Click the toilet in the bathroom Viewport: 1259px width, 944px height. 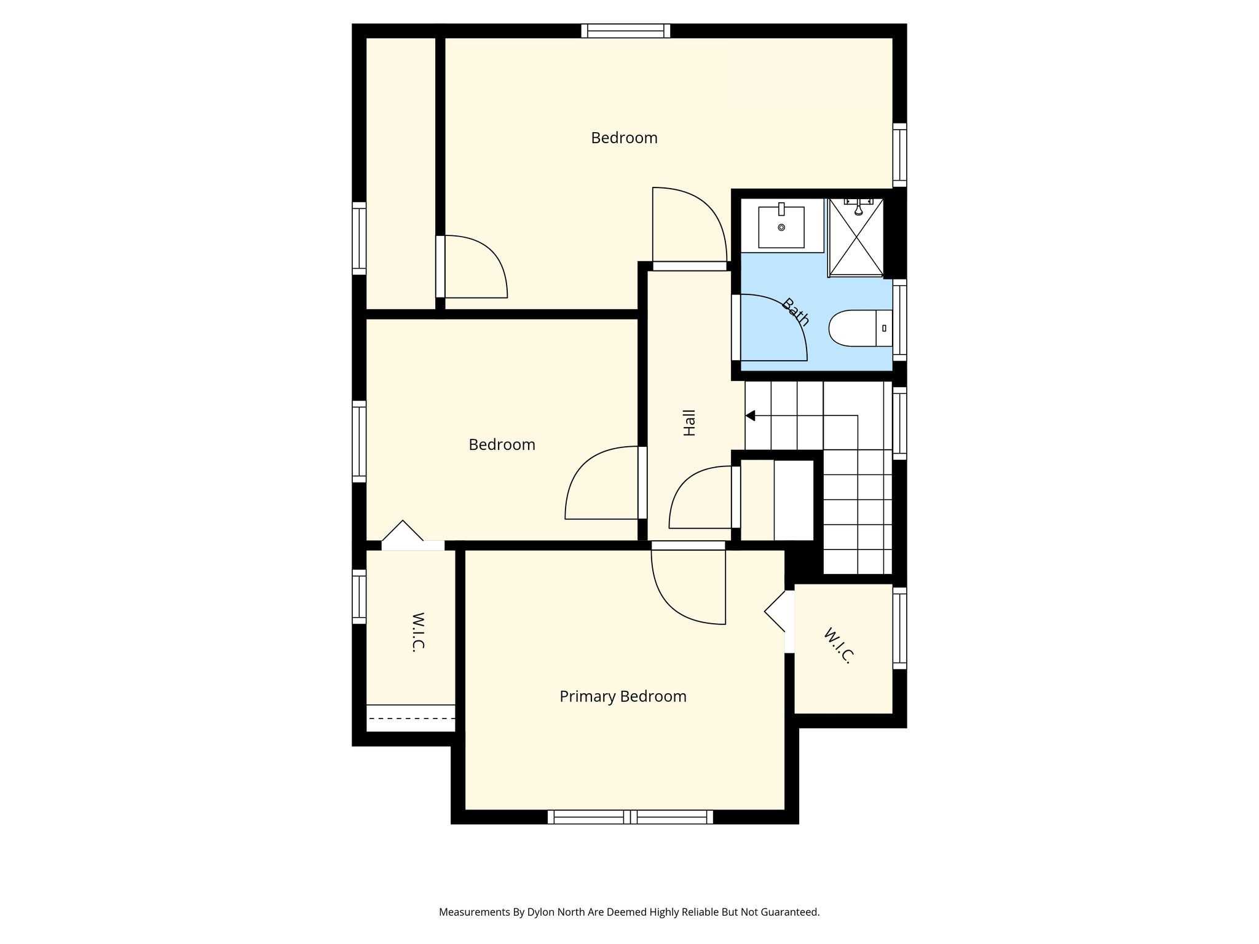coord(860,328)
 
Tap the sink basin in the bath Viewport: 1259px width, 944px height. coord(781,227)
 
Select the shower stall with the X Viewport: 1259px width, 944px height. coord(856,237)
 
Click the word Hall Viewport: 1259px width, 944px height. coord(690,423)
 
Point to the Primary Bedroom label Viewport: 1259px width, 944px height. coord(623,696)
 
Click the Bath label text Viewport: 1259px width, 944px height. coord(795,312)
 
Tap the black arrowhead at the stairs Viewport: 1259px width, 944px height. coord(750,416)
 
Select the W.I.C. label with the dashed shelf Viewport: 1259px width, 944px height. coord(418,632)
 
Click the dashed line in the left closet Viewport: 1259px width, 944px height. coord(411,718)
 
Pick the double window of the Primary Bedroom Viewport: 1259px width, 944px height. coord(630,817)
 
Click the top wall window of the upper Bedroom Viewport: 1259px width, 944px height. coord(626,31)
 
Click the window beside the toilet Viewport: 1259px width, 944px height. coord(899,320)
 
